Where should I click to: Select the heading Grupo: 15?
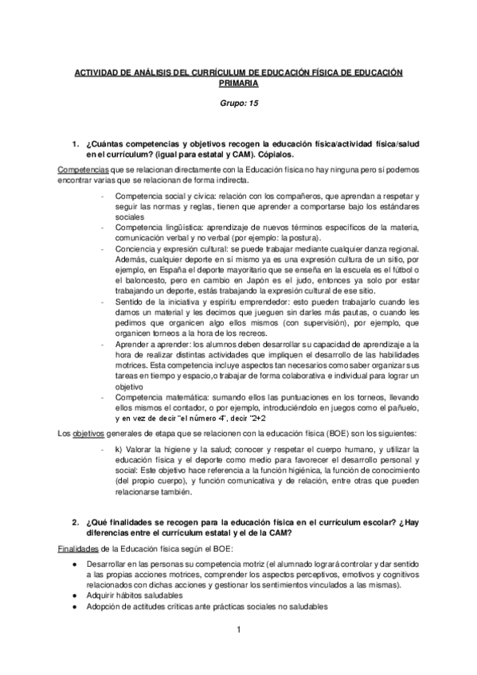click(238, 103)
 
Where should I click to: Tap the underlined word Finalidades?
click(79, 549)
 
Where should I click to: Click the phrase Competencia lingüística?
click(154, 228)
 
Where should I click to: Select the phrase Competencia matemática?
click(156, 395)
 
